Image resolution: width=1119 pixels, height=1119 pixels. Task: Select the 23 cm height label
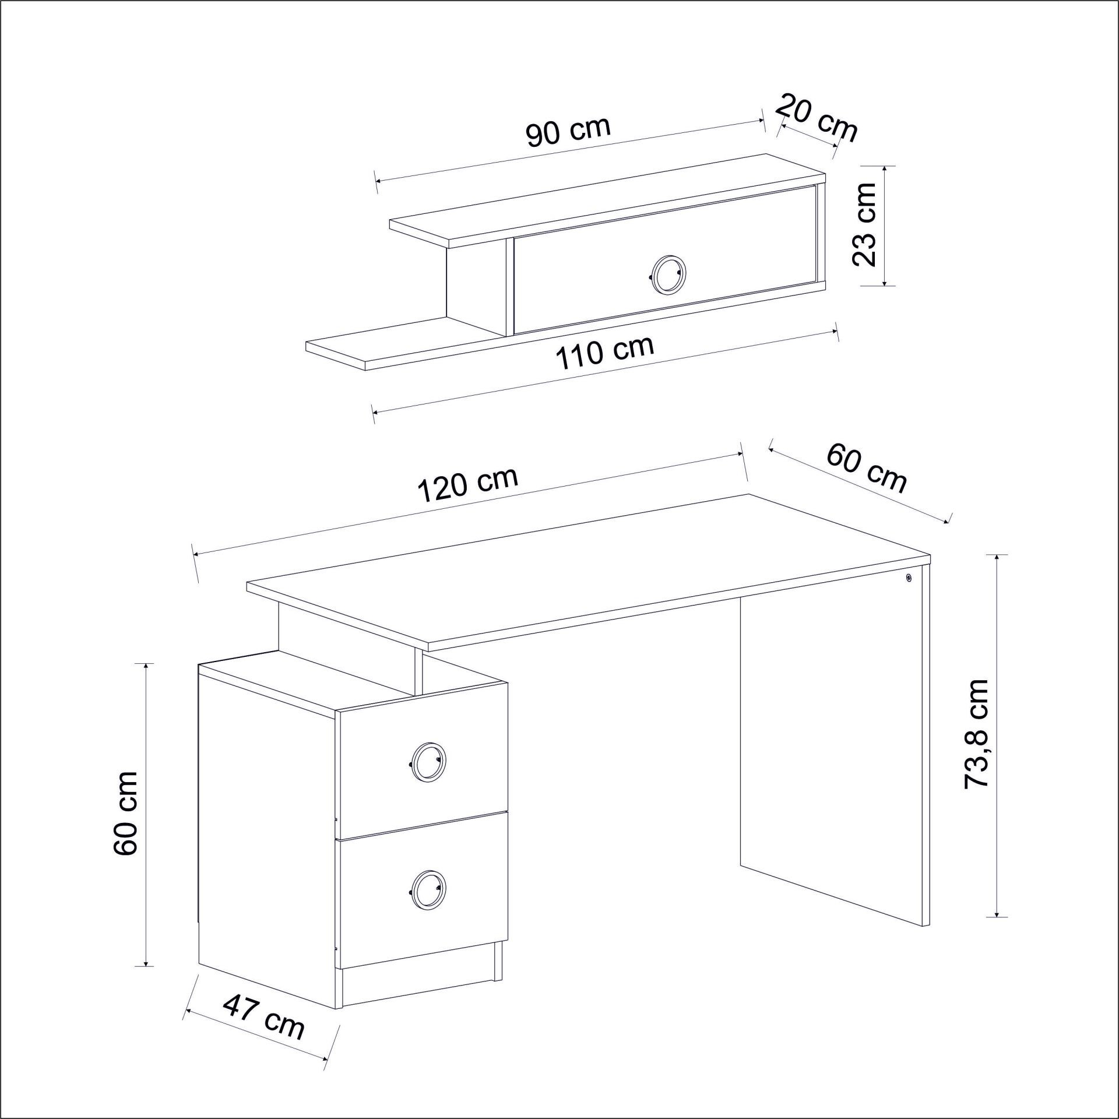[x=864, y=224]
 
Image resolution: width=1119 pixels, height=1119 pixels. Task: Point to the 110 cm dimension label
[x=604, y=353]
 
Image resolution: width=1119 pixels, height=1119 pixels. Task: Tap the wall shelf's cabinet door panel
[x=664, y=259]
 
